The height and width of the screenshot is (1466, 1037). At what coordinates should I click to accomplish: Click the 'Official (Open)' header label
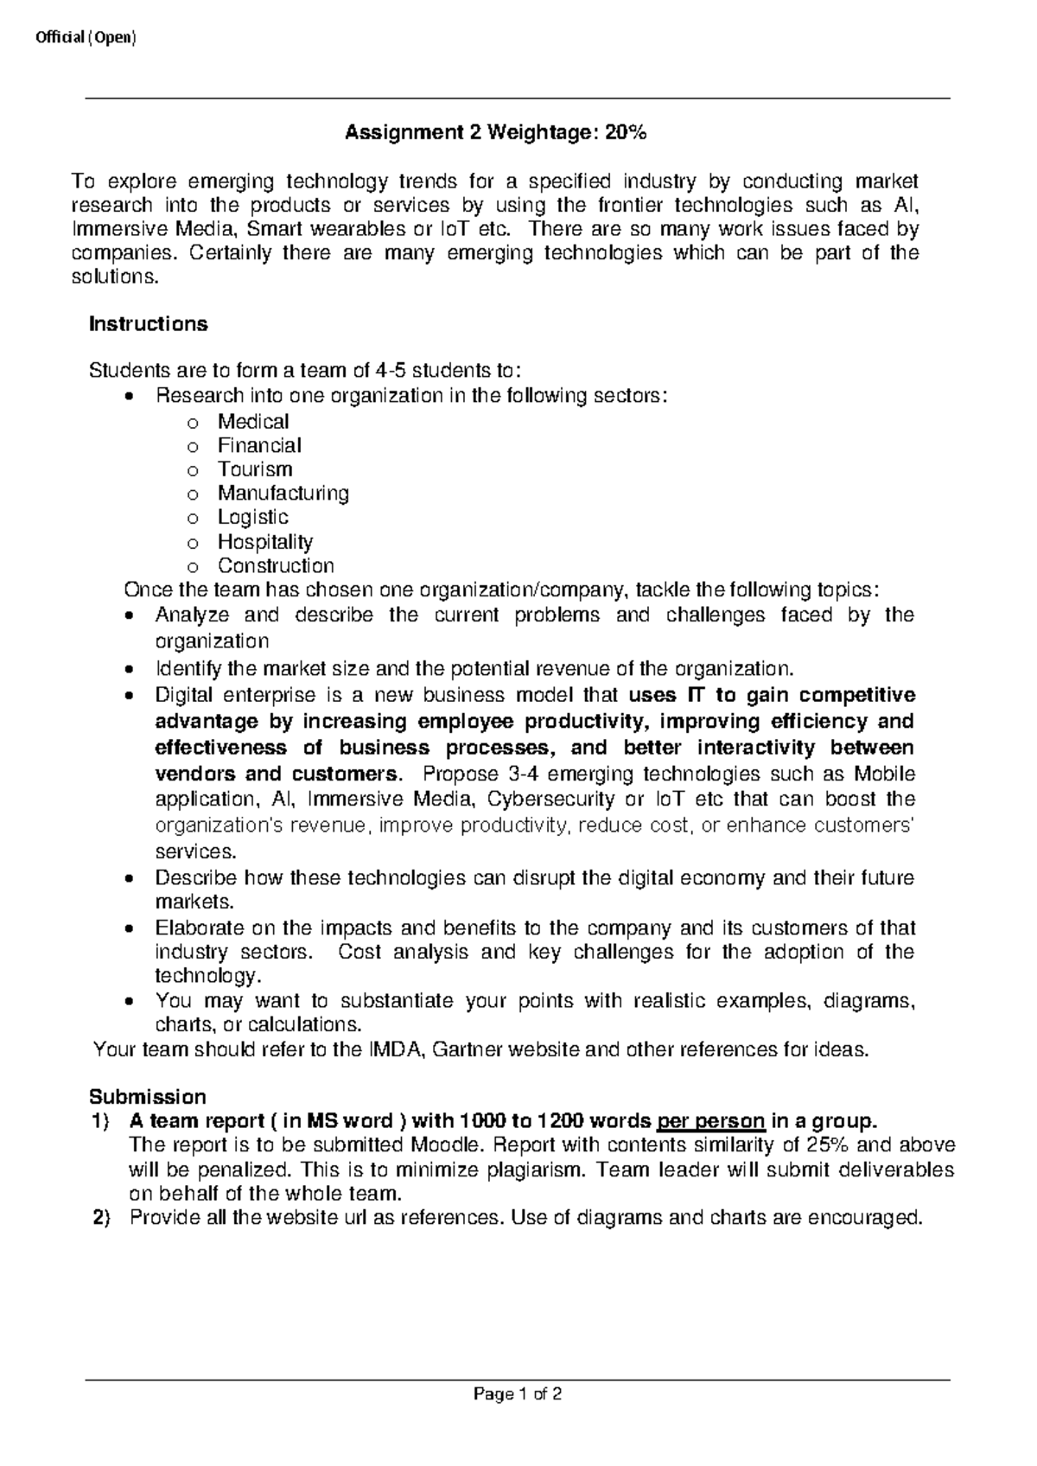(86, 39)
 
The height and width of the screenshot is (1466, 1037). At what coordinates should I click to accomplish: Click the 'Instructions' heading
(149, 324)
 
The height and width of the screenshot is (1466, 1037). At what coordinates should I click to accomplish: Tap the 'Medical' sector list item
(253, 422)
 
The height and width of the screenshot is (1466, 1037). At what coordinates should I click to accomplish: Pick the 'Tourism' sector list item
(255, 469)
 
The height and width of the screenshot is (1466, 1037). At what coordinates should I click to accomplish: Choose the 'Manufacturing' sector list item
(283, 494)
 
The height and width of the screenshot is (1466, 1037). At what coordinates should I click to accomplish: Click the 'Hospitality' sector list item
(265, 542)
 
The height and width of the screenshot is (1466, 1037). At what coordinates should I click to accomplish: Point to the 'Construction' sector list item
(276, 566)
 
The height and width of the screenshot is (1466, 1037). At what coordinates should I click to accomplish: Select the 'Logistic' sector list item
(253, 518)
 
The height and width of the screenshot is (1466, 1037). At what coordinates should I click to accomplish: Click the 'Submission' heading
(148, 1097)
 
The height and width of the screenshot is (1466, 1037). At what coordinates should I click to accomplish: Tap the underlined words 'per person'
(711, 1122)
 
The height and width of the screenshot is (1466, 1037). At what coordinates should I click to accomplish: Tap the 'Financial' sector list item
(259, 446)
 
